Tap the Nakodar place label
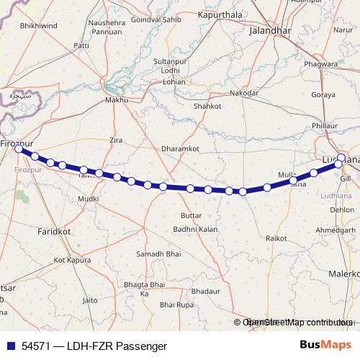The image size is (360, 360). [x=243, y=94]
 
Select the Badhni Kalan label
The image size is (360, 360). [x=195, y=229]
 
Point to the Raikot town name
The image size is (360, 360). [x=276, y=237]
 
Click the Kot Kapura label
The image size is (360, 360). [x=70, y=259]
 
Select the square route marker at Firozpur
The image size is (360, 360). [x=19, y=150]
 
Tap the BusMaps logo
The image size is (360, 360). [x=320, y=345]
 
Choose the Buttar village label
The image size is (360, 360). [x=191, y=215]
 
